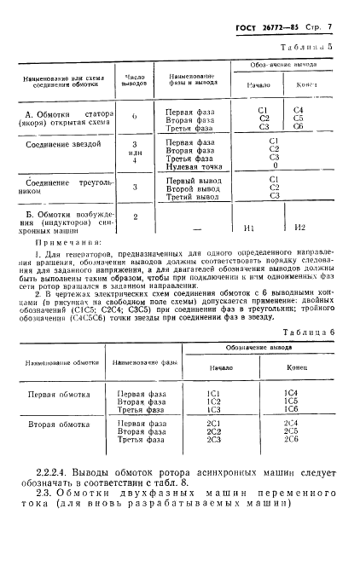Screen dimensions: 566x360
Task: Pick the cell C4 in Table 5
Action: click(x=299, y=110)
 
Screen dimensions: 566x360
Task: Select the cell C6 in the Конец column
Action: click(x=299, y=126)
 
